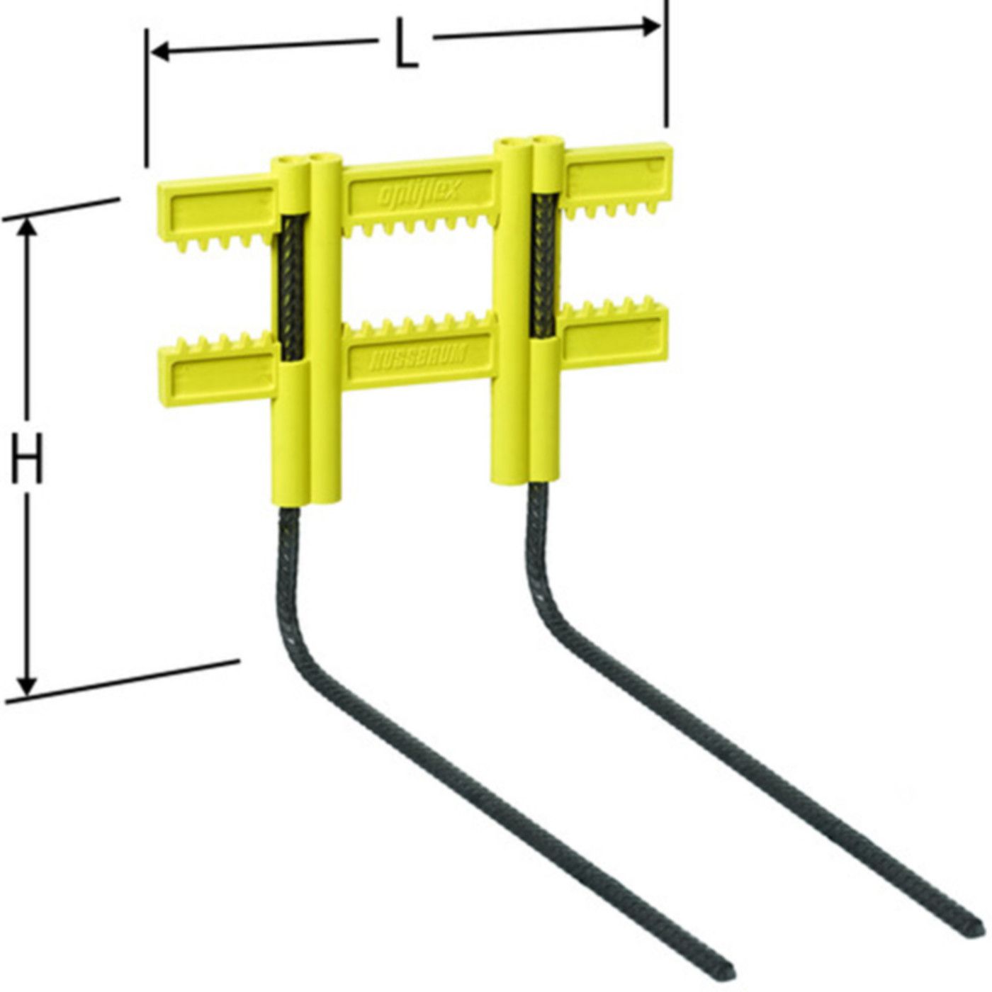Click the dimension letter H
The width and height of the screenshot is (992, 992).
point(28,458)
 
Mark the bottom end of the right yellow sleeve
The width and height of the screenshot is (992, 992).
point(529,480)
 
